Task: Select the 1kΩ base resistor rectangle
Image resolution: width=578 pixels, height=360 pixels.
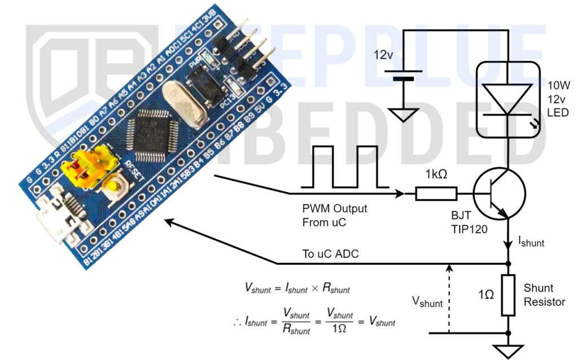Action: (x=436, y=194)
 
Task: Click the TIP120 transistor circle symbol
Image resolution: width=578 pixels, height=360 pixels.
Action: (x=499, y=194)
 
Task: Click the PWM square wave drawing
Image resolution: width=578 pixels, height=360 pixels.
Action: (x=345, y=166)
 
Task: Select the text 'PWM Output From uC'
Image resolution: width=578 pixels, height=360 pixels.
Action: (x=334, y=215)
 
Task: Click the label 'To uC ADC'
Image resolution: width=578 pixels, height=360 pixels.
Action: (x=330, y=254)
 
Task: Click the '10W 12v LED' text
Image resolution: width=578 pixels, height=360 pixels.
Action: (x=558, y=99)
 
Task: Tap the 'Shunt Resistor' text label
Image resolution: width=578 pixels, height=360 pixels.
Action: (x=544, y=295)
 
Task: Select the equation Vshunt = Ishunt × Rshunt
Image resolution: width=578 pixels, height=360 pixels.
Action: (x=297, y=288)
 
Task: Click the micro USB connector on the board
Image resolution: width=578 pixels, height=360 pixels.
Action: (x=56, y=221)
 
